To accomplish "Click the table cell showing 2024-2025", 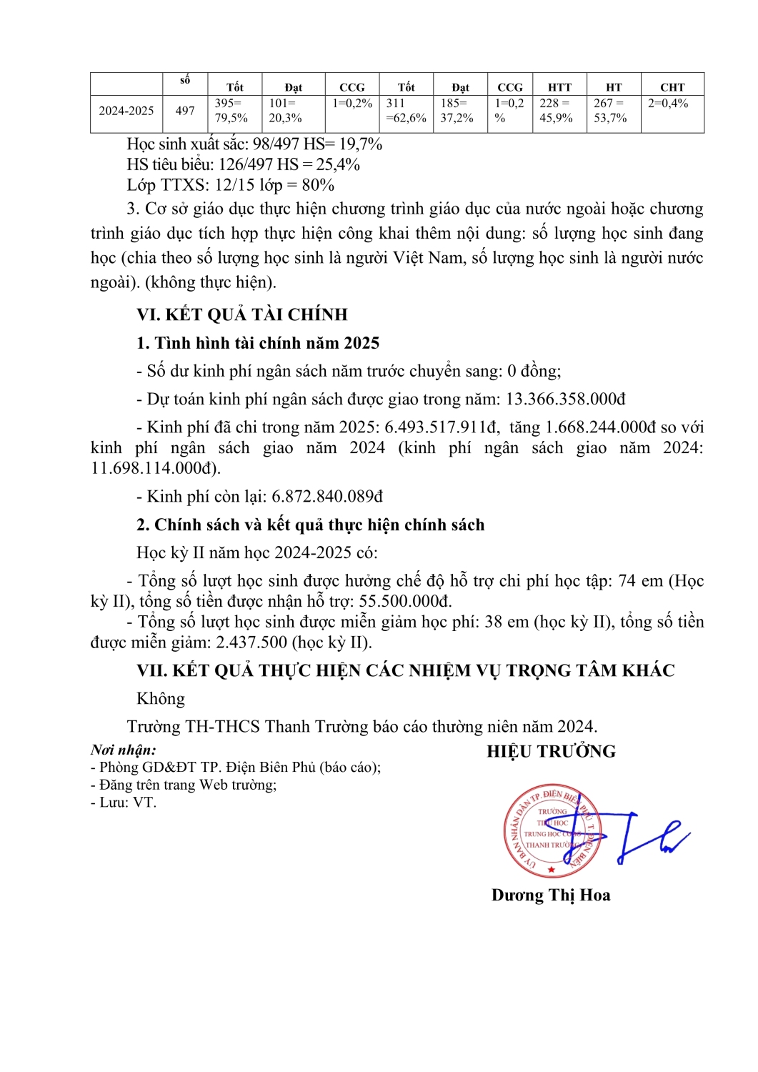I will [126, 111].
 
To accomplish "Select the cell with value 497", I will [185, 111].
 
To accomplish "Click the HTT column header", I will [559, 87].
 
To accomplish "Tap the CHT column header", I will [672, 87].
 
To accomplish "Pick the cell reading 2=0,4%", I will [668, 104].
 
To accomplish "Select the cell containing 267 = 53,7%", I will [610, 111].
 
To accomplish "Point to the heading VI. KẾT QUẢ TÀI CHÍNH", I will [242, 314].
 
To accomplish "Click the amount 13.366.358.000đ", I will [566, 399].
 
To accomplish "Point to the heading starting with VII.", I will [406, 670].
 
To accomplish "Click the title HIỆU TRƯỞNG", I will [551, 751].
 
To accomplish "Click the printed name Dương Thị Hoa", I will [551, 895].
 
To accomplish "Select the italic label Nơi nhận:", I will [123, 750].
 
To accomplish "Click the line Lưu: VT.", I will [124, 803].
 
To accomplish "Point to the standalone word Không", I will [161, 698].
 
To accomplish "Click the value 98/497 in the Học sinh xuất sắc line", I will [276, 144].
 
